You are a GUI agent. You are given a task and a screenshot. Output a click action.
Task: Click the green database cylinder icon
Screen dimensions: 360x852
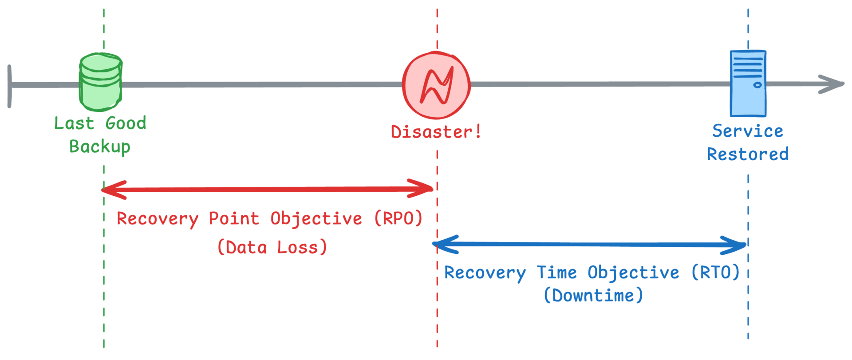101,82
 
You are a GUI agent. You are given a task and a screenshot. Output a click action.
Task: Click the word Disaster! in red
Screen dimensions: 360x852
436,132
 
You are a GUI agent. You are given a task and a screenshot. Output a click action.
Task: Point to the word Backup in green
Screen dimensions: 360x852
100,146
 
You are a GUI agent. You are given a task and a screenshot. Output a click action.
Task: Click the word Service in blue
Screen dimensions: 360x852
748,131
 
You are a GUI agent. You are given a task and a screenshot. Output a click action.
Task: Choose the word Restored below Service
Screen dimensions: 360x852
748,154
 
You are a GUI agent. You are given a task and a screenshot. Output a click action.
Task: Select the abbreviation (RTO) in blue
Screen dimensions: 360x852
716,272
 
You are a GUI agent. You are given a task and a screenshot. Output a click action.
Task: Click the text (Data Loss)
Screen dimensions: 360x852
272,247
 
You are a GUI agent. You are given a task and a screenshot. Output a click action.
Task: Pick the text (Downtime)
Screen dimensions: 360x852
594,295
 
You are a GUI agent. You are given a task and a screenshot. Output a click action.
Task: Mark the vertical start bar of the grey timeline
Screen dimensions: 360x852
9,86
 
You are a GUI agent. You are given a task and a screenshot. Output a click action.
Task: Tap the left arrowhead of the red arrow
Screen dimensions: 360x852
114,190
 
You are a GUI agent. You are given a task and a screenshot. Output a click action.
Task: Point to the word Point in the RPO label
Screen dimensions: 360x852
234,218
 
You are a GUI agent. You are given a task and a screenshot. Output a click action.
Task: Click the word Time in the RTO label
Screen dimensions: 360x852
557,272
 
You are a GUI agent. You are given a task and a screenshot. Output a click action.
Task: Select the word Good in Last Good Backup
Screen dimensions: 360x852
126,123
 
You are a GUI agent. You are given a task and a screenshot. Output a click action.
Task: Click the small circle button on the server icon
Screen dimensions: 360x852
757,85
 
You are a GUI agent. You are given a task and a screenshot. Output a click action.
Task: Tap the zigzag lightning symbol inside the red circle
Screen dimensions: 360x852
437,85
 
